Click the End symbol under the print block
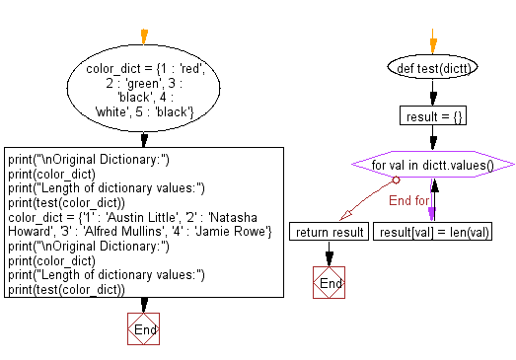click(x=144, y=329)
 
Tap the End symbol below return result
click(x=330, y=283)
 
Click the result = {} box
click(x=433, y=116)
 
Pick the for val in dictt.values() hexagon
click(x=433, y=165)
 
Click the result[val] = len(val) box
click(x=433, y=232)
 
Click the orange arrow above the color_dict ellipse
click(x=144, y=37)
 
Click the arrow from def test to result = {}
click(x=433, y=95)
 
